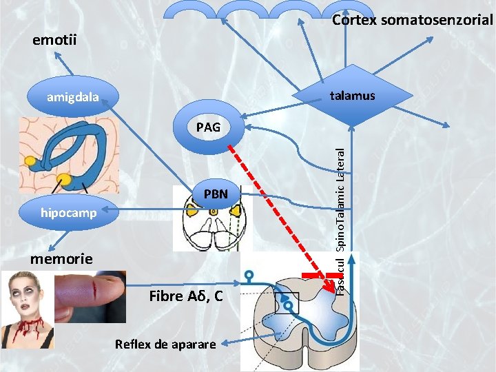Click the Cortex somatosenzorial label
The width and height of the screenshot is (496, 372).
[412, 20]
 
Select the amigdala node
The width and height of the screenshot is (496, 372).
[72, 97]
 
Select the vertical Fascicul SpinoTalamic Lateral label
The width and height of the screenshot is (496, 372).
[341, 220]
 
